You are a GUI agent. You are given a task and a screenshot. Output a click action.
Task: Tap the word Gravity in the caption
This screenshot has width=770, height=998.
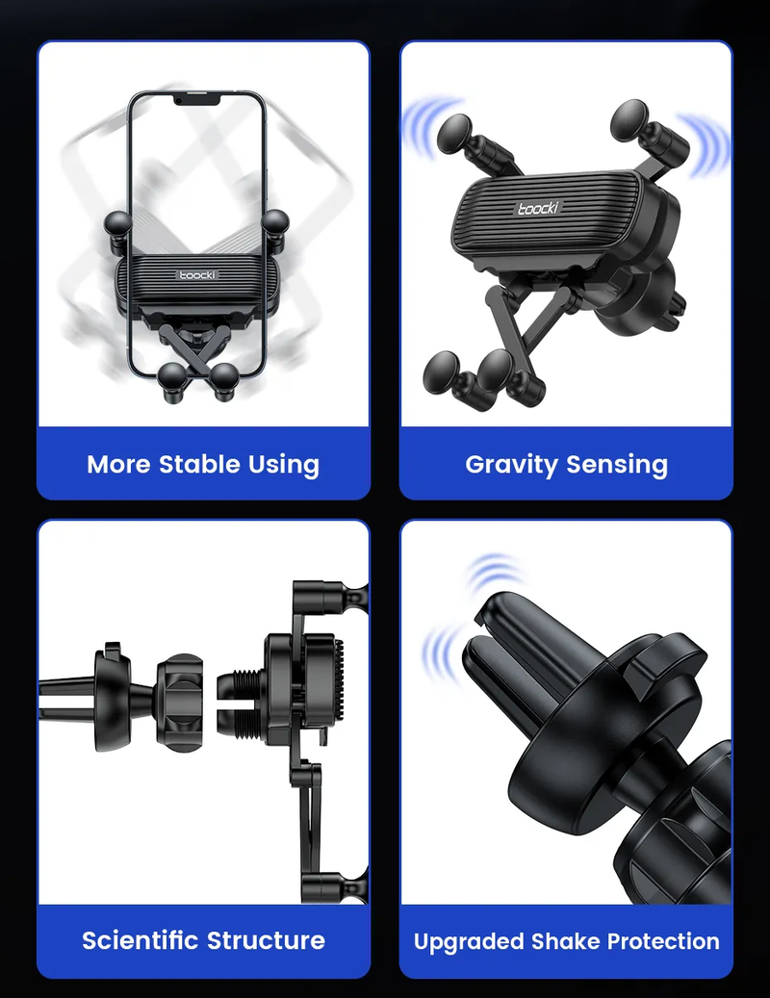[512, 465]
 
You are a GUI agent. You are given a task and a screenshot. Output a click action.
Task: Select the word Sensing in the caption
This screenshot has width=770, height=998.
[617, 465]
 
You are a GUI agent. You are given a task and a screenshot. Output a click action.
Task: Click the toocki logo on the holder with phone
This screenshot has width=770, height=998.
[197, 275]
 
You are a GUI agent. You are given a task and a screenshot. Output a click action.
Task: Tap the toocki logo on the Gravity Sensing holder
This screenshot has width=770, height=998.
[538, 208]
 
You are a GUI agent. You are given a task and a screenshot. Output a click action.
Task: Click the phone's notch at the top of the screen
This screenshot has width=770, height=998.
[197, 99]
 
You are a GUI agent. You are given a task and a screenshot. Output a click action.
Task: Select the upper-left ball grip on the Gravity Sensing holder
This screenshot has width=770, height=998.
[456, 134]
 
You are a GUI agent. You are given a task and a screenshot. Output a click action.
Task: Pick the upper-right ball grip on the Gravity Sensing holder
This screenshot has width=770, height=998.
[630, 119]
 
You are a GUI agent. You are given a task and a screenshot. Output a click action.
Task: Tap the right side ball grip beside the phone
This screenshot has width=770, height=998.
[275, 222]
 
